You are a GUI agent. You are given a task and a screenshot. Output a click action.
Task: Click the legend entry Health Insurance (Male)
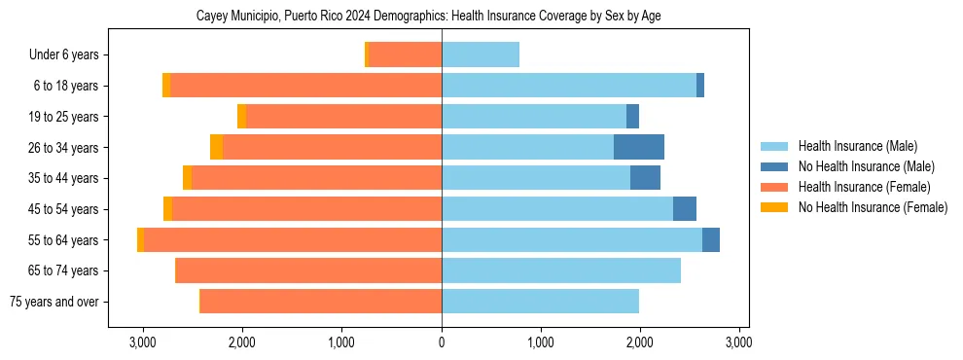857,146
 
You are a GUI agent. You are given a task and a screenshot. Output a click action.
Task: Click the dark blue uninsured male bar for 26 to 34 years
639,147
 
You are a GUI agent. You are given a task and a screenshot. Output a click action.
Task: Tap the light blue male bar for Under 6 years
481,54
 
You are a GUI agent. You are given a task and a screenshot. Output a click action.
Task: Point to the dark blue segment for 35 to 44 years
645,178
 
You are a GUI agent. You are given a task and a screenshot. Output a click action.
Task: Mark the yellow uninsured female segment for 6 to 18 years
166,86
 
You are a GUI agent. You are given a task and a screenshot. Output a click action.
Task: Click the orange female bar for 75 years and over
321,302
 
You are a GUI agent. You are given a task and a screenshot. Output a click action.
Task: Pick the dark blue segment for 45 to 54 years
685,209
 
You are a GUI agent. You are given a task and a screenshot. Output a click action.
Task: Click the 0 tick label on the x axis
442,342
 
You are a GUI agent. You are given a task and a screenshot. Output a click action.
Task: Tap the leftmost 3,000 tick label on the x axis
143,342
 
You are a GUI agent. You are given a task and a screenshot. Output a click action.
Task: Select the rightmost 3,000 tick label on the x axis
738,342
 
